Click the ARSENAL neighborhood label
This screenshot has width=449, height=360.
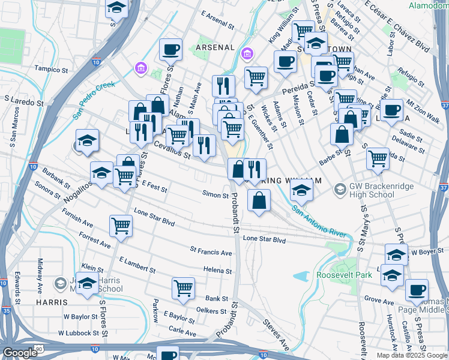click(x=214, y=47)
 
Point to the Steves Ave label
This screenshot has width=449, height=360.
click(x=276, y=335)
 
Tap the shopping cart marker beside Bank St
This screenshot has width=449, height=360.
click(x=183, y=287)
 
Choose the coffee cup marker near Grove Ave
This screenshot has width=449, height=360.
click(x=416, y=290)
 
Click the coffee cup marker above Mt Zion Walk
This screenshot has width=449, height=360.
click(x=392, y=110)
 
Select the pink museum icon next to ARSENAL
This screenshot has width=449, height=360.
click(x=247, y=56)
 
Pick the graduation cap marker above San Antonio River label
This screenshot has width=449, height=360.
click(x=301, y=191)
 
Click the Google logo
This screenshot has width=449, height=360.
click(x=20, y=353)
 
